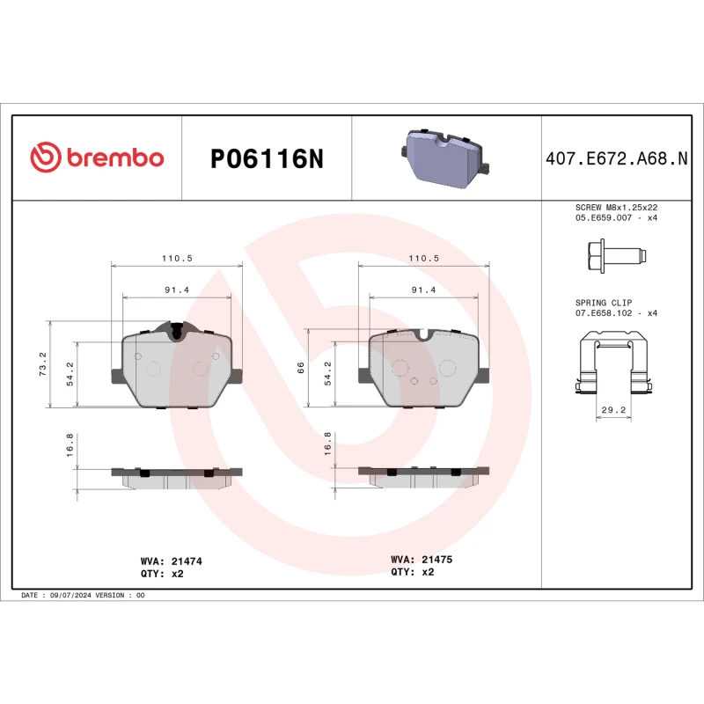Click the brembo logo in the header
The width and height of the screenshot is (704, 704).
(97, 158)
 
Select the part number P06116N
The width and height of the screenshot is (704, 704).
(268, 158)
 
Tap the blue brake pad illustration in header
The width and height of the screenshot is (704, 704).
(446, 158)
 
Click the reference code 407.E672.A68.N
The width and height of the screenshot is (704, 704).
(616, 158)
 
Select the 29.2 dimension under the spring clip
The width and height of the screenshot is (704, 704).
(615, 410)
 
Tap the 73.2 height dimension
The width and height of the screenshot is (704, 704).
(43, 363)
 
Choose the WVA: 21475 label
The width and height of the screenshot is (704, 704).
(422, 559)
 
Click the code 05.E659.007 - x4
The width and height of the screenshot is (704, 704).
(616, 216)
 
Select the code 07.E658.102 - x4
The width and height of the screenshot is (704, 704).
(616, 313)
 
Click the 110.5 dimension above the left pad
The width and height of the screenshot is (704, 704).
(176, 257)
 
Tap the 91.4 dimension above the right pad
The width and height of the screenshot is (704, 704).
(423, 290)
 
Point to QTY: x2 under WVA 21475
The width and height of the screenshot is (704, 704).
(413, 572)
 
